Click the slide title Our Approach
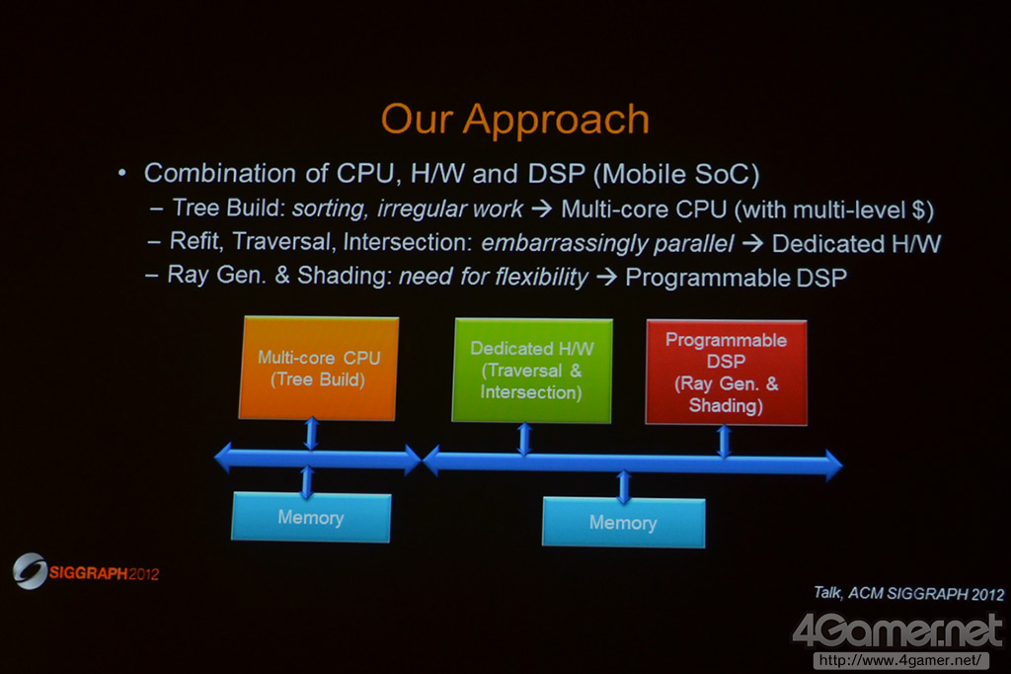514,120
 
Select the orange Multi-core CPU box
319,368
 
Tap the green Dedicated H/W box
532,371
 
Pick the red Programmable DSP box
726,373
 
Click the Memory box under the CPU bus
311,517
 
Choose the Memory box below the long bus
624,522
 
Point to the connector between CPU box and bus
311,433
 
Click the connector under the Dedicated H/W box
525,439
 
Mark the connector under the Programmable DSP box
724,441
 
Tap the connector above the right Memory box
624,486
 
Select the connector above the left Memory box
307,481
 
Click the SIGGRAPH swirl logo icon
30,570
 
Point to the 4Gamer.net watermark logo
897,631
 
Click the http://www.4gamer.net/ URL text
900,660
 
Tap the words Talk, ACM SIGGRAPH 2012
909,593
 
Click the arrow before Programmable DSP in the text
607,278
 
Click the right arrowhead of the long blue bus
833,464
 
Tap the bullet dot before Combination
121,173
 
